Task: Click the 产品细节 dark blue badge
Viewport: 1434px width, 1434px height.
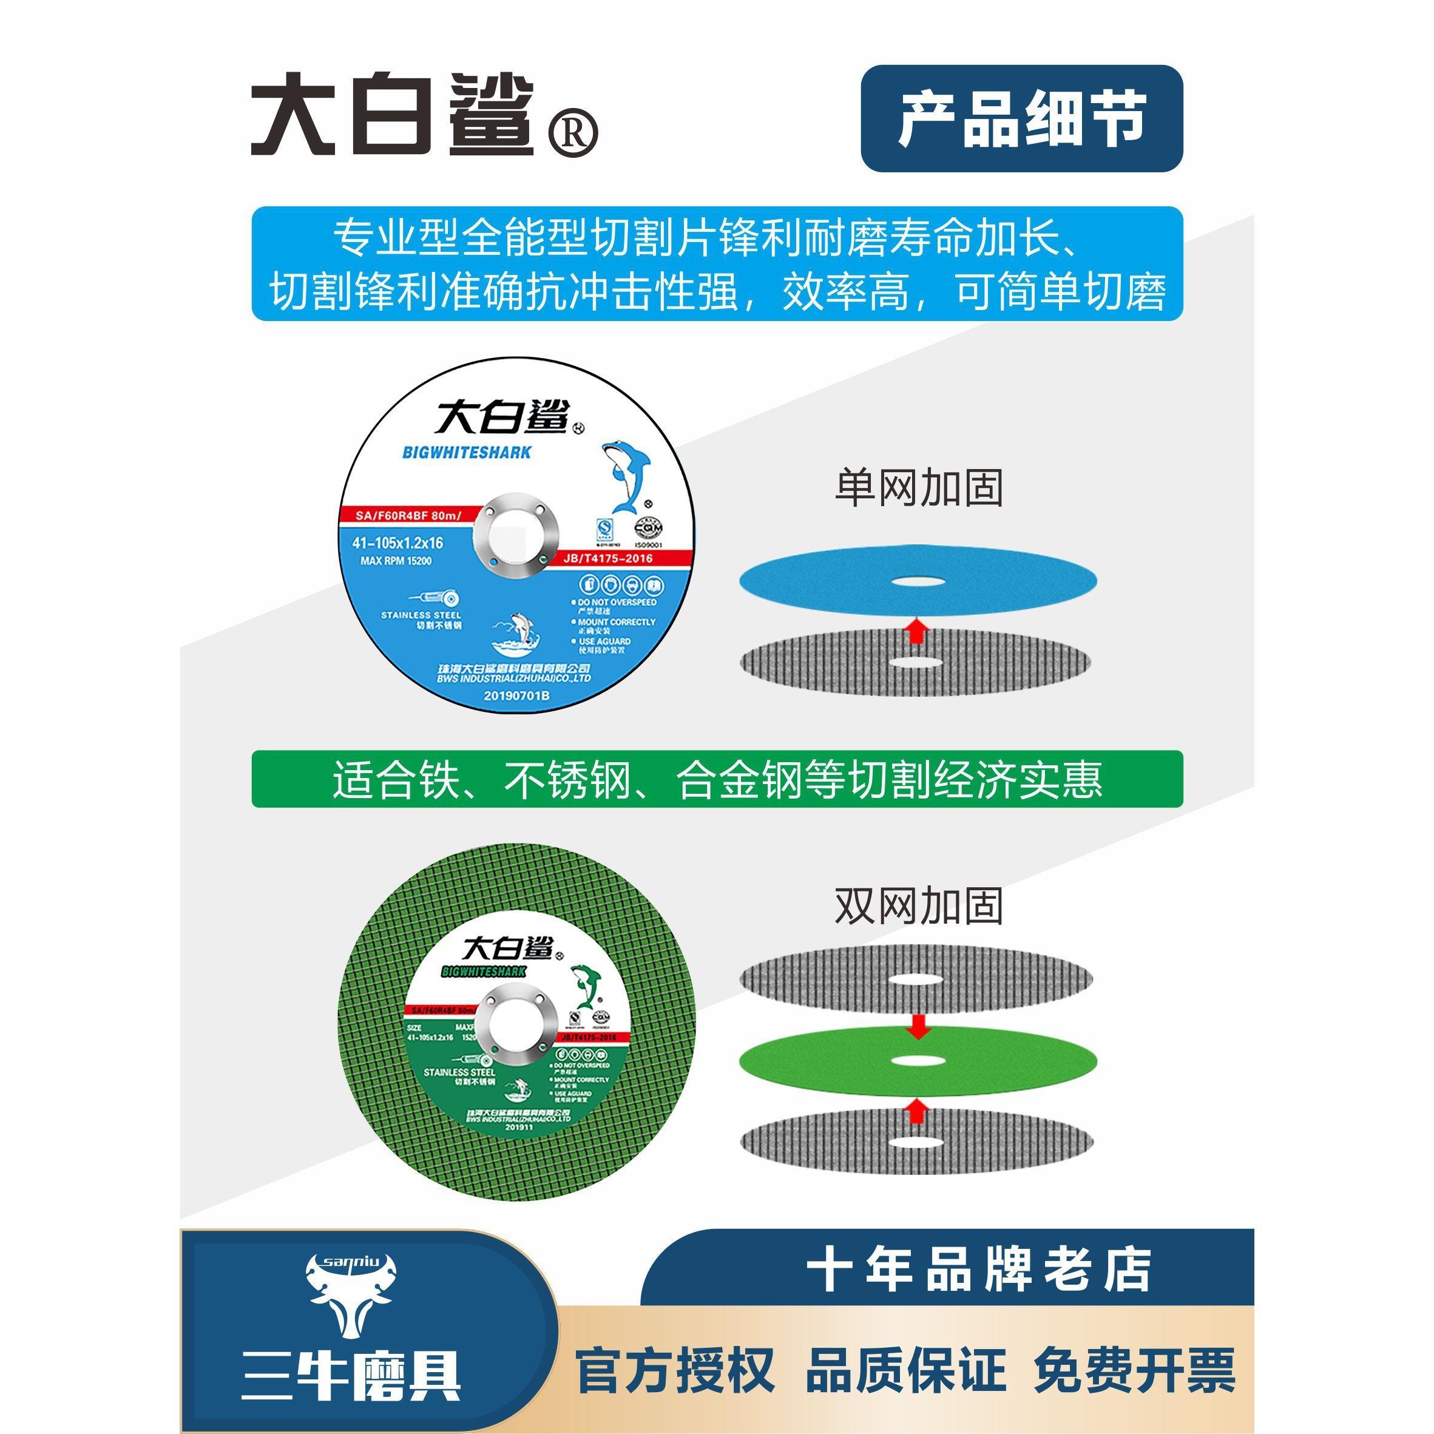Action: point(1021,119)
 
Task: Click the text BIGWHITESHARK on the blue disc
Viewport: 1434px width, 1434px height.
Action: point(467,452)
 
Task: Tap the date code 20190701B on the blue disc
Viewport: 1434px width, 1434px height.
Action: point(516,696)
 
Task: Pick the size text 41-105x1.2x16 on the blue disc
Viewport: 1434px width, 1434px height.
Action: point(409,543)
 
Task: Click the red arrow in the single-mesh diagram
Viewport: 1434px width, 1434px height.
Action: point(918,632)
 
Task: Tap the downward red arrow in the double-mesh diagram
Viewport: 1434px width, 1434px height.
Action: point(918,1027)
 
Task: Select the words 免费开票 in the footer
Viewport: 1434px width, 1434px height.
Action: point(1134,1370)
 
